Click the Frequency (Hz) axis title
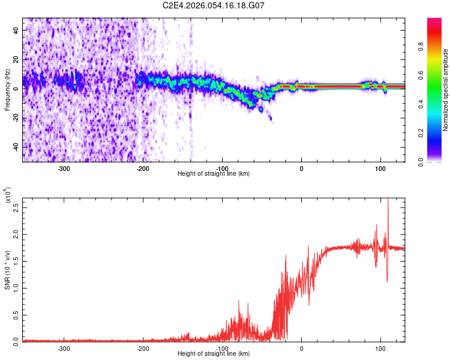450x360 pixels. pyautogui.click(x=7, y=90)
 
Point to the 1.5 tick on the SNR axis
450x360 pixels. pyautogui.click(x=16, y=262)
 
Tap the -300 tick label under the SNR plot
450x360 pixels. pyautogui.click(x=64, y=348)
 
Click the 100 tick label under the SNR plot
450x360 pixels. pyautogui.click(x=380, y=348)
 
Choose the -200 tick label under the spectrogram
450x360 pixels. pyautogui.click(x=143, y=168)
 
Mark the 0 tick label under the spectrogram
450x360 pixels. pyautogui.click(x=301, y=168)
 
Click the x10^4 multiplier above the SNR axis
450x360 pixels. pyautogui.click(x=7, y=196)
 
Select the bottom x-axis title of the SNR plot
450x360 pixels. pyautogui.click(x=214, y=354)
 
